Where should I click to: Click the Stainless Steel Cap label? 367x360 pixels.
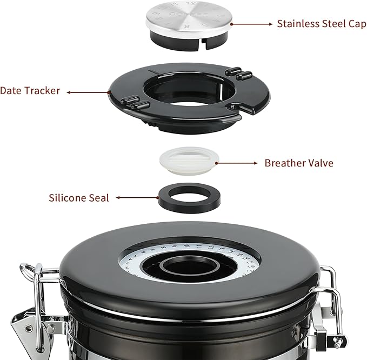(x=321, y=24)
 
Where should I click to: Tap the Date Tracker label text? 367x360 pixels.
(x=30, y=91)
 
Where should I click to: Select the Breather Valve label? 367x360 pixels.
(x=299, y=163)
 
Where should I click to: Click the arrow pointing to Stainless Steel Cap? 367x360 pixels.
(x=252, y=24)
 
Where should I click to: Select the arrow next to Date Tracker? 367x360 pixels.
(x=87, y=92)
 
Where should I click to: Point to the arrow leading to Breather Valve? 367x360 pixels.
(x=237, y=162)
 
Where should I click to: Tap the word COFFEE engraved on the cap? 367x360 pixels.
(x=183, y=14)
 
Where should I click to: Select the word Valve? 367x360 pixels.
(x=319, y=163)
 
